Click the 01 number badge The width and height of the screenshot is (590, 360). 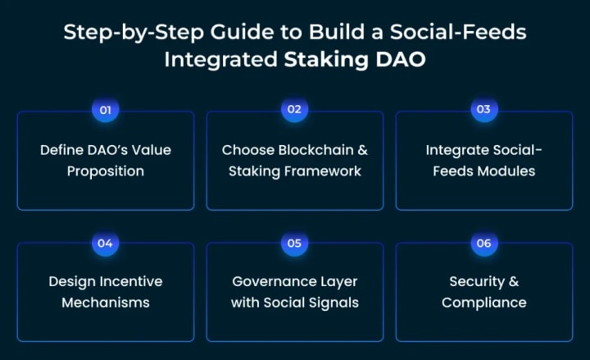[105, 110]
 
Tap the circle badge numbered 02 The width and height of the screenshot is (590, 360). [294, 110]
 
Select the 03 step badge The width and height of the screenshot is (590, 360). [483, 110]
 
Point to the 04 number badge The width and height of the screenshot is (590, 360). [105, 243]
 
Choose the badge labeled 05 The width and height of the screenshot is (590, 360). [294, 243]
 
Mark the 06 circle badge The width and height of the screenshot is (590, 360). [483, 243]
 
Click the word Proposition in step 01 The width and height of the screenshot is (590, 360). [106, 171]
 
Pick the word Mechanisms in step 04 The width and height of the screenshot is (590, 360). [106, 303]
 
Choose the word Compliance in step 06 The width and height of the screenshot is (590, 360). [483, 303]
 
